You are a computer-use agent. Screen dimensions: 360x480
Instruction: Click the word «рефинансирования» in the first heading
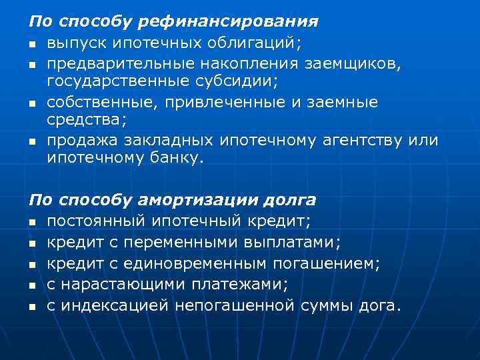coord(227,22)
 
